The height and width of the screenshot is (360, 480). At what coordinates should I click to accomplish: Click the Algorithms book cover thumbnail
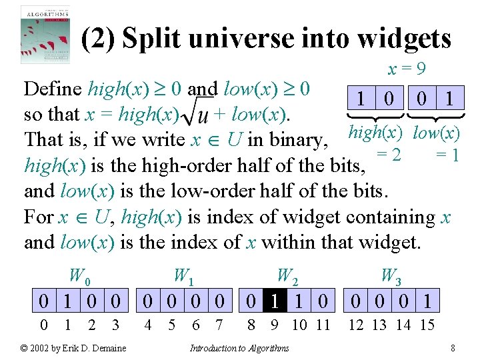click(45, 34)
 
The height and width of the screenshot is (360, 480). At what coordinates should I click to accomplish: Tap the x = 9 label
click(407, 69)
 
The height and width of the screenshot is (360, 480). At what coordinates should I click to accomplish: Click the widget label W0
click(79, 275)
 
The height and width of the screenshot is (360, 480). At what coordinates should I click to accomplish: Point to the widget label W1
click(183, 275)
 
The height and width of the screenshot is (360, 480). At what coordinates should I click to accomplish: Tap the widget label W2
click(287, 275)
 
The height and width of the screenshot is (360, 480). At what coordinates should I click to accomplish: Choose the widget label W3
click(391, 275)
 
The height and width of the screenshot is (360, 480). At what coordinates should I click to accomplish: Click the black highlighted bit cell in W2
click(275, 301)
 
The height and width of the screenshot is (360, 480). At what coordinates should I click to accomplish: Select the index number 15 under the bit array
click(427, 326)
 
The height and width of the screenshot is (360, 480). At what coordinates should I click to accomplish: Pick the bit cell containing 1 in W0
click(67, 301)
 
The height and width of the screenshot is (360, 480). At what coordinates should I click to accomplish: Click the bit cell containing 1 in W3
click(427, 301)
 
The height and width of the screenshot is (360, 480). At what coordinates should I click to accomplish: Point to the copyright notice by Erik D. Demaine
click(73, 348)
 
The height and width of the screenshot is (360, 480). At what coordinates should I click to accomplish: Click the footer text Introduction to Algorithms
click(239, 348)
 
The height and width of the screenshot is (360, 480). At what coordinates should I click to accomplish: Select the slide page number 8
click(453, 348)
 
